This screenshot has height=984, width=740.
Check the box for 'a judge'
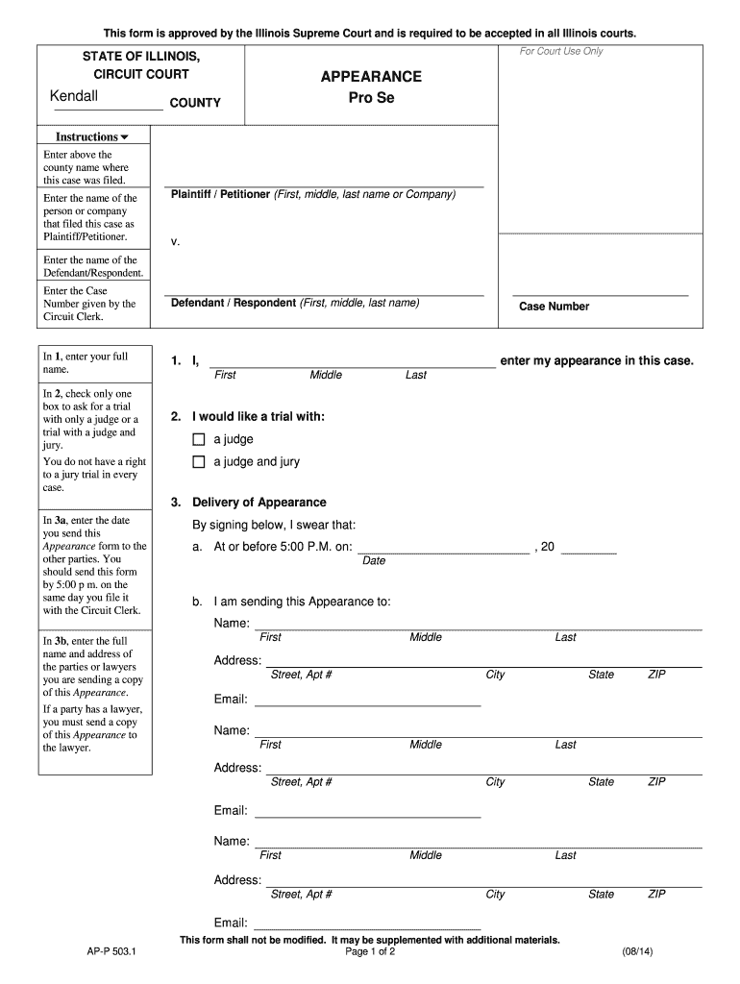199,439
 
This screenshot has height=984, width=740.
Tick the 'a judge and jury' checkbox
199,462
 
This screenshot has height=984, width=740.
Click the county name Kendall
74,97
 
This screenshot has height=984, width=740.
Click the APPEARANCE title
371,77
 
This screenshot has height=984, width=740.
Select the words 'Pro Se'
371,100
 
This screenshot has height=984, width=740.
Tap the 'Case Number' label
555,307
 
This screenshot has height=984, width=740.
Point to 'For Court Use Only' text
561,51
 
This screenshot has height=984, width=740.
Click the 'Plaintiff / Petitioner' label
220,194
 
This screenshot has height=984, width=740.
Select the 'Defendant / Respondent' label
234,303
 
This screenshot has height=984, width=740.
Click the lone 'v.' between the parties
176,241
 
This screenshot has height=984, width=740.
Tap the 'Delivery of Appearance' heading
259,503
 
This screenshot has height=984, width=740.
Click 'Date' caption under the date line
374,561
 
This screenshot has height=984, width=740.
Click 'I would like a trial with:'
259,417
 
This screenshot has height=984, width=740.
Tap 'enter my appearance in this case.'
597,360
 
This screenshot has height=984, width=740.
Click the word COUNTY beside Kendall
195,103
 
